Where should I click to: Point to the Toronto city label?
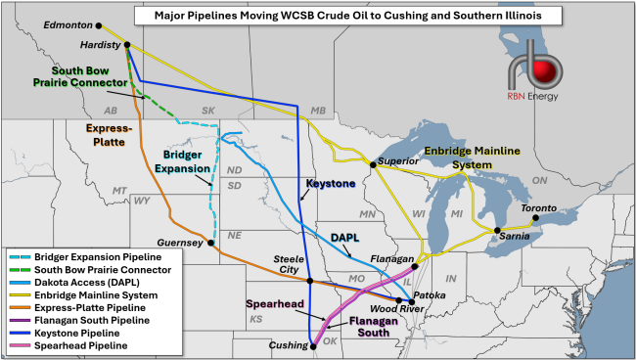pyautogui.click(x=539, y=208)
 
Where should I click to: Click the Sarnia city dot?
pyautogui.click(x=497, y=230)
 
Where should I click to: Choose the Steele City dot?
pyautogui.click(x=309, y=281)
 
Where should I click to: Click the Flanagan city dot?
pyautogui.click(x=415, y=266)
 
